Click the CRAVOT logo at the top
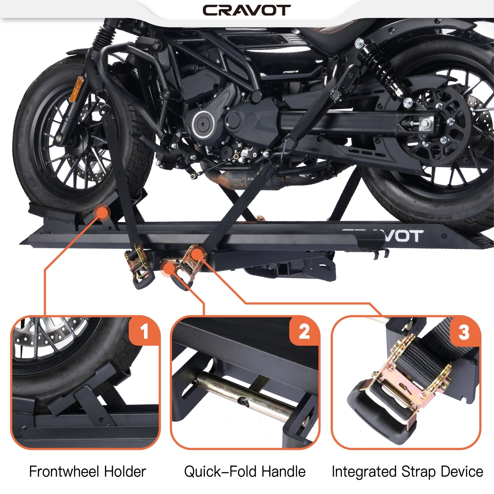246,10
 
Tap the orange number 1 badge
144,332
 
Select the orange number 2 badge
304,332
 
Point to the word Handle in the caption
283,471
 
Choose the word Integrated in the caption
364,471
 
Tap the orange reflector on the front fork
74,90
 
